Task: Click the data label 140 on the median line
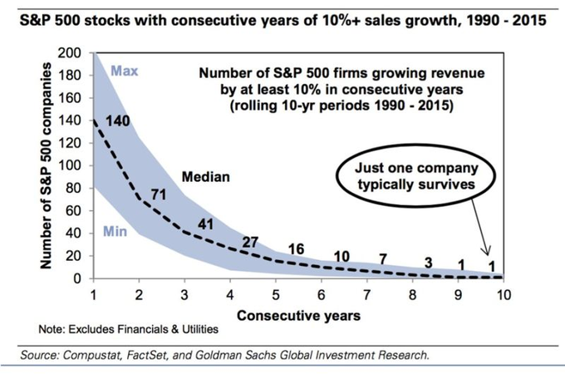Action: [x=117, y=121]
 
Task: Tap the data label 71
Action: [x=159, y=194]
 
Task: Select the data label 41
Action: [x=206, y=224]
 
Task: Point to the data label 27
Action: [x=250, y=242]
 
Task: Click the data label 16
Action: [x=296, y=249]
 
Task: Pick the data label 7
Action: [x=383, y=259]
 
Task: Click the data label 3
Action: [x=428, y=263]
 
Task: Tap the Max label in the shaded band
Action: [x=125, y=71]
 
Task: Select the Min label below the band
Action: [x=115, y=231]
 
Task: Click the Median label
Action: [x=206, y=176]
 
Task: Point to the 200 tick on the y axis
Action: [x=69, y=53]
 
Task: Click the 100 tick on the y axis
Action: [x=69, y=165]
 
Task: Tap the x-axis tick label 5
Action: [x=276, y=295]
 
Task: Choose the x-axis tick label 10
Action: [x=504, y=295]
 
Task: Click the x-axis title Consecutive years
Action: [x=299, y=316]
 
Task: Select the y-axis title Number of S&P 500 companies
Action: [x=46, y=165]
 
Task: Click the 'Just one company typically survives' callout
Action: [x=415, y=176]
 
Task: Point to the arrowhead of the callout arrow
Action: [x=488, y=253]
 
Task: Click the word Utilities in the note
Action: [x=200, y=329]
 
